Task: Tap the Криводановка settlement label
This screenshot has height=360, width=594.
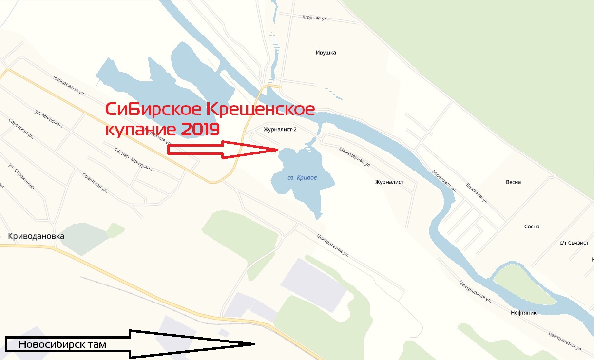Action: point(36,236)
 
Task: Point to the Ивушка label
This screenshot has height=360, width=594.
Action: point(326,53)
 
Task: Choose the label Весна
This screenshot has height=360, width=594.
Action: point(513,182)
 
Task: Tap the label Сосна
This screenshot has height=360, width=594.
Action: point(532,227)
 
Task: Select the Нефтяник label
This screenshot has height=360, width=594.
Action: point(523,313)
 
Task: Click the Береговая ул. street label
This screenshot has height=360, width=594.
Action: point(444,180)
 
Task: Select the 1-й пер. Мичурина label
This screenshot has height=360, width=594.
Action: point(133,159)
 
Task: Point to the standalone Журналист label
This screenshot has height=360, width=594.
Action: point(389,182)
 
